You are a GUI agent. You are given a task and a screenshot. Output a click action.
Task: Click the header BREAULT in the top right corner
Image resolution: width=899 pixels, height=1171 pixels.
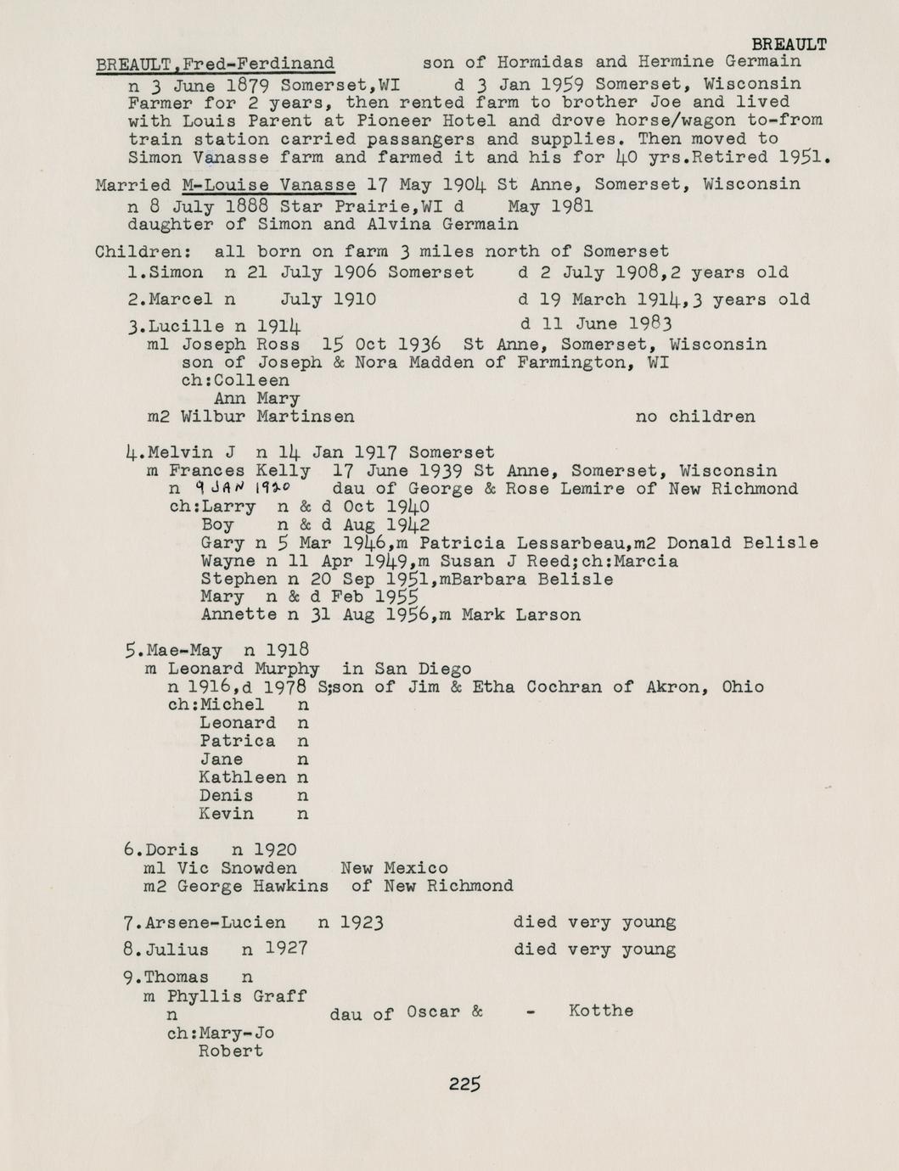(789, 44)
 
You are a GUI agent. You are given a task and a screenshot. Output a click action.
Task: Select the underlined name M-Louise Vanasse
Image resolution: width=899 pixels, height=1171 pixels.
(269, 185)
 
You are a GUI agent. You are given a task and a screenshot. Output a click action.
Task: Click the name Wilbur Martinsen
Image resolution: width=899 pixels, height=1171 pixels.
(267, 417)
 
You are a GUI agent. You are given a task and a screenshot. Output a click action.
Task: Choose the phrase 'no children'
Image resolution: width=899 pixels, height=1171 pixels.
(694, 417)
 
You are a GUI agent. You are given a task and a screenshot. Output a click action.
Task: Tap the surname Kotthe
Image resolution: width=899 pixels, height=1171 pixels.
(601, 1011)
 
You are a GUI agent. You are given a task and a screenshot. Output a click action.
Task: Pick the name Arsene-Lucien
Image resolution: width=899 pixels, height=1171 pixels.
(216, 922)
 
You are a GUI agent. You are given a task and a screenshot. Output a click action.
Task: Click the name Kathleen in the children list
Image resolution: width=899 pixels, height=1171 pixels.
(243, 777)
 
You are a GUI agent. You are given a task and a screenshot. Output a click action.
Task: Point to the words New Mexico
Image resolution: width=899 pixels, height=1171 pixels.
(394, 868)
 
